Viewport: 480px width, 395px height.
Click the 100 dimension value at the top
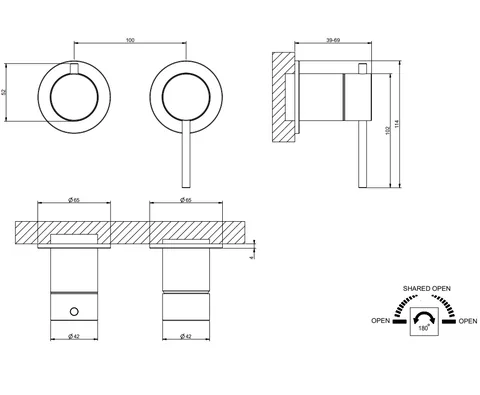(x=130, y=40)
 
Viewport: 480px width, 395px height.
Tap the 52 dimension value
(x=4, y=92)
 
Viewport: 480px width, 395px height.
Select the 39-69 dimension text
(x=333, y=40)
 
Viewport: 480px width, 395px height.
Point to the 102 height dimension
(x=387, y=130)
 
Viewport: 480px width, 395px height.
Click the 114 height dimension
(x=396, y=124)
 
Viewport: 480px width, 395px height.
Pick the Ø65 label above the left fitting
(x=74, y=200)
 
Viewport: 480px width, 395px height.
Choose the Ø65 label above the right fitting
(x=186, y=200)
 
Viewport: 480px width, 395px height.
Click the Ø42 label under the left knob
(x=74, y=336)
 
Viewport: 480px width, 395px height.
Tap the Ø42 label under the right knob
(x=186, y=336)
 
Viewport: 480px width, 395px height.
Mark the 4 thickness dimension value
(x=251, y=257)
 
